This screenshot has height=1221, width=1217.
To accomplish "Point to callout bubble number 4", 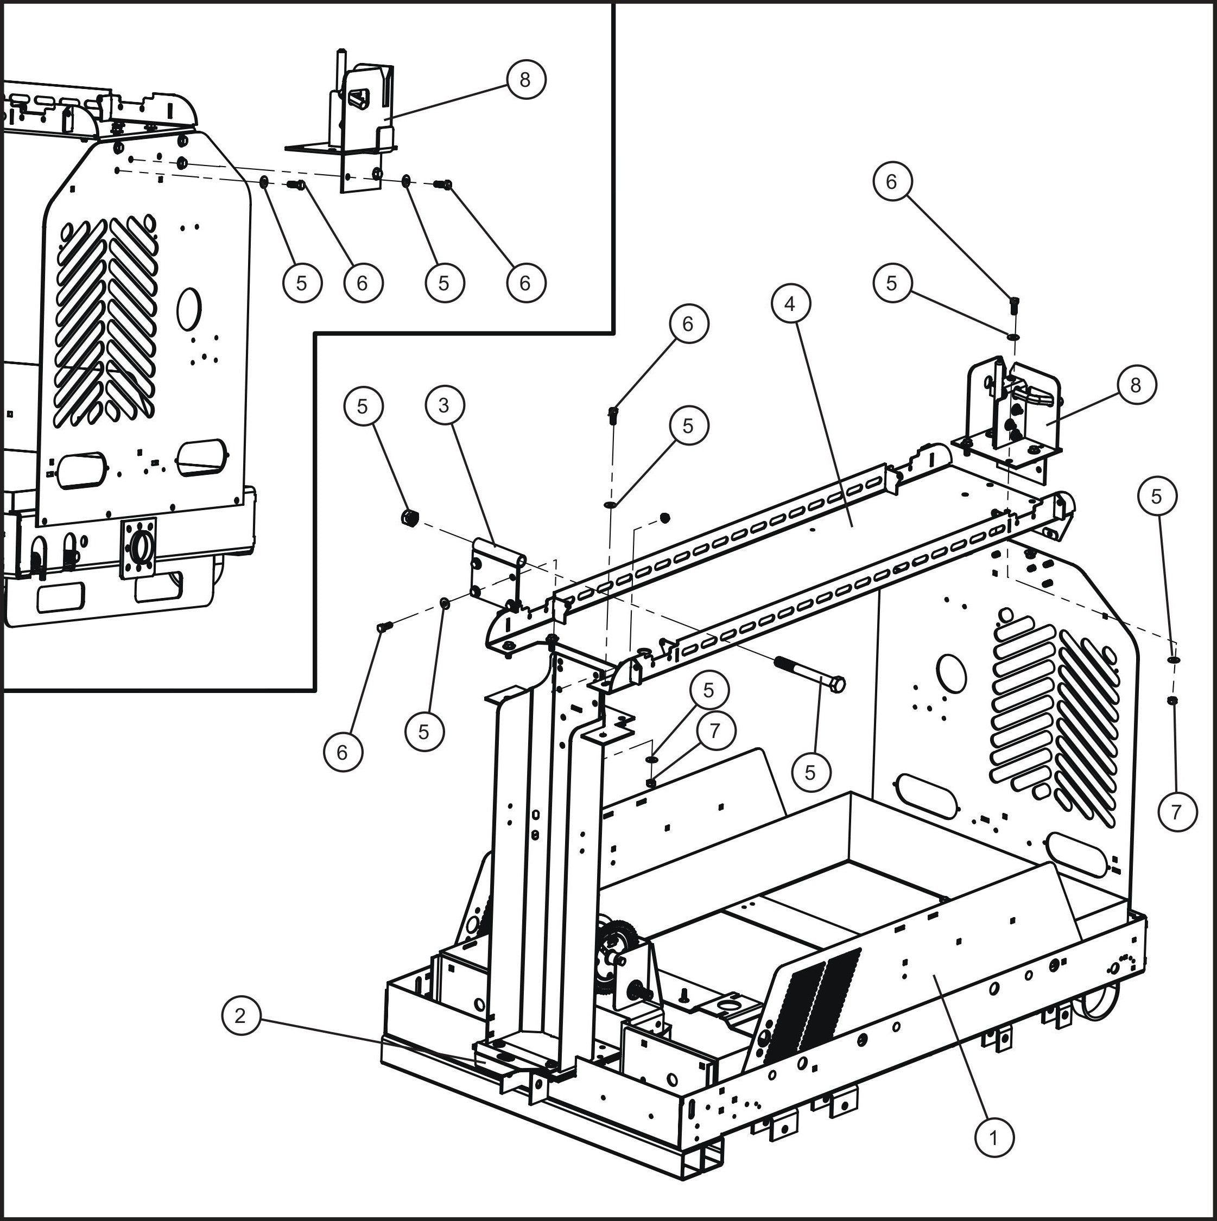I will click(x=790, y=304).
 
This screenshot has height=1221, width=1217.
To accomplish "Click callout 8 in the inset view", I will click(x=525, y=80).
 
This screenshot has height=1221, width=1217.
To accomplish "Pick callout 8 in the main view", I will click(x=1136, y=384).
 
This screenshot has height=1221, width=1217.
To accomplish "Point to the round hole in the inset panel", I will click(x=188, y=309).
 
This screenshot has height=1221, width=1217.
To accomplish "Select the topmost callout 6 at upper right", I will click(x=891, y=181).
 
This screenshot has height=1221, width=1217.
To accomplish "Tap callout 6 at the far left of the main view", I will click(x=342, y=752).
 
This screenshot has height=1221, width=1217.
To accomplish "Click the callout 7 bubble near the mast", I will click(x=714, y=730).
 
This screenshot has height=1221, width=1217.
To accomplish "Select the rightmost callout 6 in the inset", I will click(x=525, y=283).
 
